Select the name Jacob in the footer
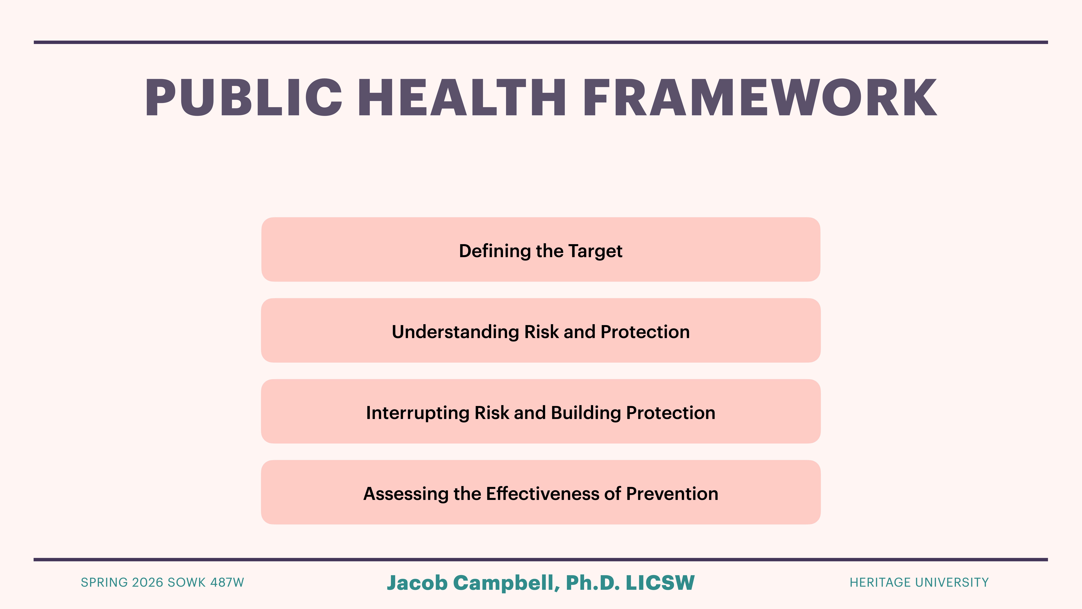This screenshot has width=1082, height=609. click(x=417, y=583)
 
